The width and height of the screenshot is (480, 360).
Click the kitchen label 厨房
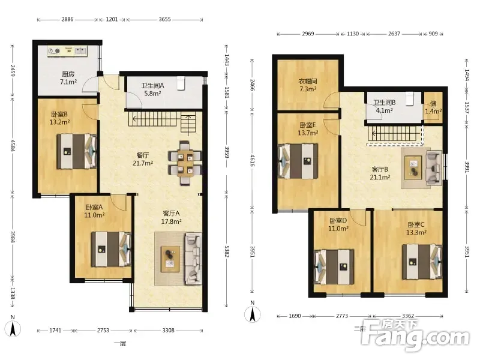point(68,74)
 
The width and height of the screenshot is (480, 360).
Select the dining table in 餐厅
point(185,163)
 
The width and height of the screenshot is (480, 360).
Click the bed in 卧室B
point(77,151)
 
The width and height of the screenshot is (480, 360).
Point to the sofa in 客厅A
point(193,259)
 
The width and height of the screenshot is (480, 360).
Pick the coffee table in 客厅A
point(170,259)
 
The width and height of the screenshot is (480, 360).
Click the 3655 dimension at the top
point(164,19)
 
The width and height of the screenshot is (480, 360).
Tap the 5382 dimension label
point(227,251)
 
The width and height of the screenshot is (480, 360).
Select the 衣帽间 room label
point(308,82)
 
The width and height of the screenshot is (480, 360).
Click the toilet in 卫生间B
point(409,98)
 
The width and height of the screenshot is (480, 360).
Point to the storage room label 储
point(433,103)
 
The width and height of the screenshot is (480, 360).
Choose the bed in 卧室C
point(422,262)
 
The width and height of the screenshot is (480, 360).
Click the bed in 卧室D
point(334,267)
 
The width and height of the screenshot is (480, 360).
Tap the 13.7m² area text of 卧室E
point(308,133)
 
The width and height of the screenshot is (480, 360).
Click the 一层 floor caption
point(120,343)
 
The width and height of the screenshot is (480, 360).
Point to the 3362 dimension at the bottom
point(408,316)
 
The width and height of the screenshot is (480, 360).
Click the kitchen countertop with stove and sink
point(67,51)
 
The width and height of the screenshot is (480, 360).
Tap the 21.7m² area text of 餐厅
point(143,163)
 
